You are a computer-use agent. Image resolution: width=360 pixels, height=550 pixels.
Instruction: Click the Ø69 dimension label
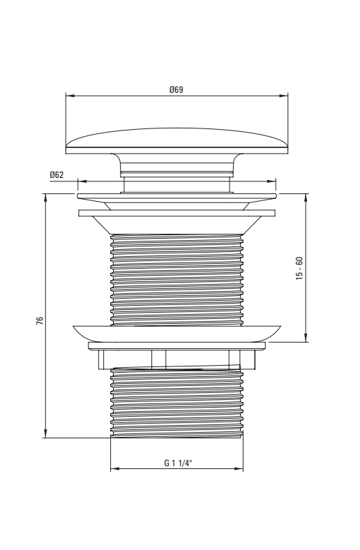pyautogui.click(x=176, y=90)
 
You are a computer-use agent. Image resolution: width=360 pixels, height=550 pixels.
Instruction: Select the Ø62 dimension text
pyautogui.click(x=57, y=174)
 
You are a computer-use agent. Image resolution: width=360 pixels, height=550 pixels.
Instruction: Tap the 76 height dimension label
pyautogui.click(x=40, y=320)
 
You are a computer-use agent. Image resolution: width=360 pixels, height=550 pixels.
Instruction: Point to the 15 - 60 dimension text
pyautogui.click(x=299, y=268)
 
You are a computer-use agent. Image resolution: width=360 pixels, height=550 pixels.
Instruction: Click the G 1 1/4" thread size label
pyautogui.click(x=179, y=463)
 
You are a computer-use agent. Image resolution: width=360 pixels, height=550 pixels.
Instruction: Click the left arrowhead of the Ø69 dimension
pyautogui.click(x=70, y=95)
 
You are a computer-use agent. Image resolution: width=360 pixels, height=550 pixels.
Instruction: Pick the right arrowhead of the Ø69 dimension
pyautogui.click(x=283, y=95)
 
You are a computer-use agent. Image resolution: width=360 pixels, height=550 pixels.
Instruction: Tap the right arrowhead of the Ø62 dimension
pyautogui.click(x=271, y=181)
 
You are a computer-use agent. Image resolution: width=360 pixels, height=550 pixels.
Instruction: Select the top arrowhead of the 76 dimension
pyautogui.click(x=45, y=198)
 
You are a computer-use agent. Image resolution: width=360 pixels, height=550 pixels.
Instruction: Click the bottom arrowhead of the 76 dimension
pyautogui.click(x=45, y=433)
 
